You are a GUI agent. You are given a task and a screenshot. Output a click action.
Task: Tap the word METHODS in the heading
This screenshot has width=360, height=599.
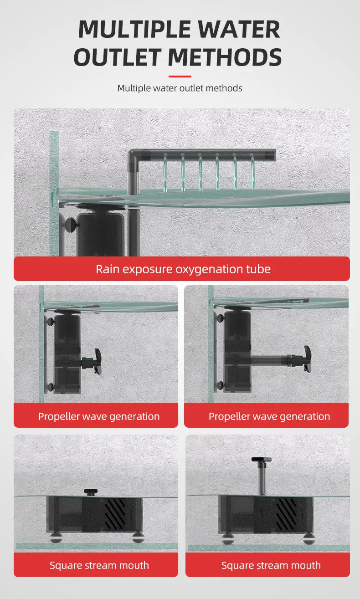pos(225,57)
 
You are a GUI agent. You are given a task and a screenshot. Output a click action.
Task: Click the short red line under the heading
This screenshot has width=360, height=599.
pos(180,77)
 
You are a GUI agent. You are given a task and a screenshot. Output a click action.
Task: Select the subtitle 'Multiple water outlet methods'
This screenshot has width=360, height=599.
pos(180,88)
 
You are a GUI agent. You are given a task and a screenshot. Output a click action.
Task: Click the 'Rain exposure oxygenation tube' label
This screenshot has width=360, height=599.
pos(183,269)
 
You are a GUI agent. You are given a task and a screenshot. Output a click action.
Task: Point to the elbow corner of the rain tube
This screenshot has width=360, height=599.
pos(133,154)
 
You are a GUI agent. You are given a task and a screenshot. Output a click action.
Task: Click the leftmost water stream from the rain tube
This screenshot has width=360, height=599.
pos(165,173)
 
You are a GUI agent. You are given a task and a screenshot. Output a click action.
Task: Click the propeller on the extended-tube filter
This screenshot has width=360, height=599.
pos(307,359)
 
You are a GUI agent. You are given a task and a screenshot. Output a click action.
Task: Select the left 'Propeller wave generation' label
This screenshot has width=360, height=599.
pos(99,417)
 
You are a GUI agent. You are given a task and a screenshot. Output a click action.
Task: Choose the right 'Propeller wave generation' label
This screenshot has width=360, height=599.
pos(269,417)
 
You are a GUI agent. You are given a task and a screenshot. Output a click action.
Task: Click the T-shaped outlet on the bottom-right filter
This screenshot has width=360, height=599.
pos(262,476)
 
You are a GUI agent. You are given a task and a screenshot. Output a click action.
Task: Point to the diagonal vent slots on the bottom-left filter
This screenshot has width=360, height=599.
pos(115,514)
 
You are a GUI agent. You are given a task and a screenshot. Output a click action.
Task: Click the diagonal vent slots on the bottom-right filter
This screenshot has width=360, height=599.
pos(286,514)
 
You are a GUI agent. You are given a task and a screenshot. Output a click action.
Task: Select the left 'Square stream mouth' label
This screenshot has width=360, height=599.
pos(99,565)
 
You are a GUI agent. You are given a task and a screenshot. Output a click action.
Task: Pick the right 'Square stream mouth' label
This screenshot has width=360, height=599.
pos(271,565)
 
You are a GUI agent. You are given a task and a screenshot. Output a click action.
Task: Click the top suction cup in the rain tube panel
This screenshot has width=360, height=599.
pos(70,222)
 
